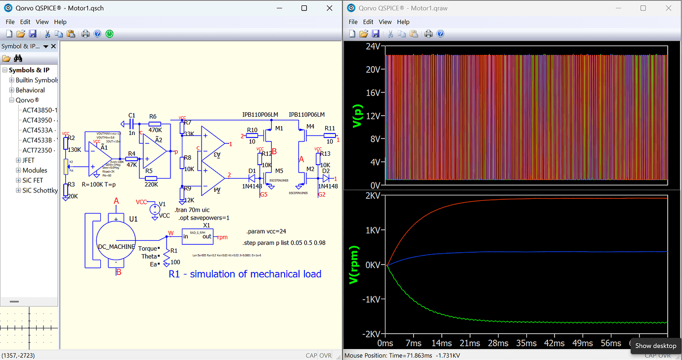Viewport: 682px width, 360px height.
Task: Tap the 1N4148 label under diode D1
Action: (252, 186)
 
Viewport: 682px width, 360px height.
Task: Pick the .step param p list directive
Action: (284, 243)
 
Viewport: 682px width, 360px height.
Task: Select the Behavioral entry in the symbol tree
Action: (30, 90)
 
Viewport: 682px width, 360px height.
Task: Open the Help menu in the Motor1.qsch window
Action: (60, 22)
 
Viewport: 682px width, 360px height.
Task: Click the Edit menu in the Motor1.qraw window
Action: (368, 22)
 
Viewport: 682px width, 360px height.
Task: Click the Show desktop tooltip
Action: (655, 346)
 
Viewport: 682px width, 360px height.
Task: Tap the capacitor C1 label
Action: (131, 116)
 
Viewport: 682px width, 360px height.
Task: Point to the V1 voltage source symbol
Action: (155, 208)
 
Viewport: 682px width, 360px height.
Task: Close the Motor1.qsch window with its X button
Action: (329, 8)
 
